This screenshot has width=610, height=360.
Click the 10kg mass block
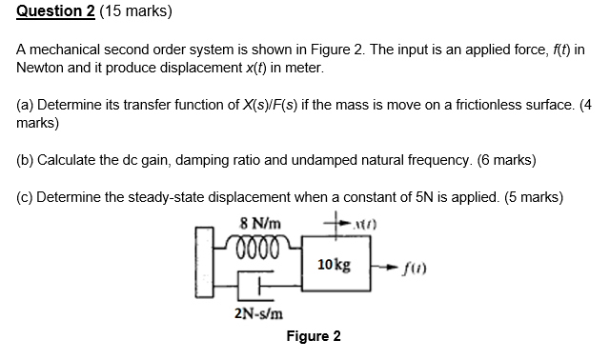click(333, 263)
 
